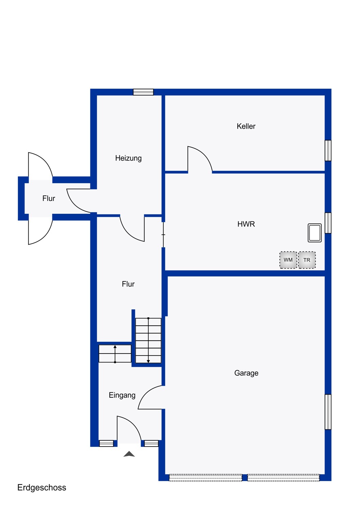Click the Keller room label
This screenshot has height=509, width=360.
point(246,126)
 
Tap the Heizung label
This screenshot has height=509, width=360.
point(128,158)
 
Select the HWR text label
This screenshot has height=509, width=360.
point(246,224)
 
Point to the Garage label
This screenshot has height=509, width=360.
point(246,373)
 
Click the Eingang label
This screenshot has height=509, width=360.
point(122,395)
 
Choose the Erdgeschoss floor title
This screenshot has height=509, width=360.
point(42,488)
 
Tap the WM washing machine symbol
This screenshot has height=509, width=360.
point(288,260)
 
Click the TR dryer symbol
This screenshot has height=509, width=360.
point(307,260)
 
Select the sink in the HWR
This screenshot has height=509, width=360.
point(314,233)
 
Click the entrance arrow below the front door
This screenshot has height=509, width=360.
point(129,454)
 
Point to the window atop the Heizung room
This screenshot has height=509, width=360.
point(143,92)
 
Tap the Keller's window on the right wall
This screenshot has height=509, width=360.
point(328,150)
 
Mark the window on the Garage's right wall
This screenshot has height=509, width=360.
point(328,412)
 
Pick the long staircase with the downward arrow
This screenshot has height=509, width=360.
point(148,340)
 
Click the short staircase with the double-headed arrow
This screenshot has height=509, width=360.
point(115,354)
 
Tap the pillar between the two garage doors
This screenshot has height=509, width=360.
point(245,478)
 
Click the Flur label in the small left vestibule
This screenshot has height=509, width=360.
point(49,199)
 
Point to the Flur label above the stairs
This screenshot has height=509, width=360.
point(128,284)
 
